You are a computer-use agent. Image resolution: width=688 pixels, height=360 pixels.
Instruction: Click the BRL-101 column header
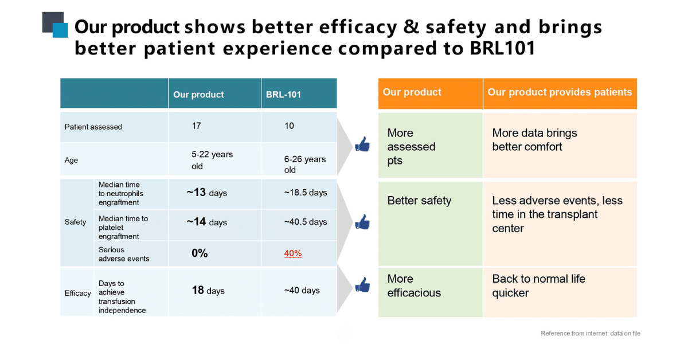click(284, 95)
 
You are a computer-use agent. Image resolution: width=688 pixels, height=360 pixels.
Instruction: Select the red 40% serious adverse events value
click(292, 253)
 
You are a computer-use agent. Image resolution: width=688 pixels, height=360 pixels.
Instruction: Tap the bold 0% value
click(200, 253)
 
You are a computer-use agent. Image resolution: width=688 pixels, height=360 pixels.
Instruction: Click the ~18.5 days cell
click(305, 193)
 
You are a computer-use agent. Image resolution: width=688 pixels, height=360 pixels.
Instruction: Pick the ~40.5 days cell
click(305, 222)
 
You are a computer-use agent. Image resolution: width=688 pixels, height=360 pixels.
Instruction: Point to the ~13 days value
click(206, 193)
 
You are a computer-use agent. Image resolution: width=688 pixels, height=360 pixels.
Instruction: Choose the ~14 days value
click(206, 222)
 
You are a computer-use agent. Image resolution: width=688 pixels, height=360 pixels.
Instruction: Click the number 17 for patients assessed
click(197, 126)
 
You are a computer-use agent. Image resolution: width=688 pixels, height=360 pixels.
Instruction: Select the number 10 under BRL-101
click(289, 126)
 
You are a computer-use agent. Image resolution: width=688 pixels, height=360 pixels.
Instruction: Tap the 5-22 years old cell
click(212, 161)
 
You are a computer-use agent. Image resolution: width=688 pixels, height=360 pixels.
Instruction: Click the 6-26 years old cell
click(304, 165)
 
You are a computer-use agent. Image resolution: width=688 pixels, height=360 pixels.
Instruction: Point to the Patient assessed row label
click(93, 127)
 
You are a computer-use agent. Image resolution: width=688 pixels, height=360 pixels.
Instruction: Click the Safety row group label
click(75, 222)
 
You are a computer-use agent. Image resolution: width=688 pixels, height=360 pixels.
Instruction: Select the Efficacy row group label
click(77, 293)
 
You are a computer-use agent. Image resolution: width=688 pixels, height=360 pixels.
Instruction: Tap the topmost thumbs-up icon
click(362, 144)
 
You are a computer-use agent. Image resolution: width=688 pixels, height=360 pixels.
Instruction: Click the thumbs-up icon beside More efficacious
click(362, 284)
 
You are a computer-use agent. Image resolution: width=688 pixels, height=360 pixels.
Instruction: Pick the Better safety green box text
click(419, 201)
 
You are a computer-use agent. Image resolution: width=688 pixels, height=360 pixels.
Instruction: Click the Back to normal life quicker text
click(538, 285)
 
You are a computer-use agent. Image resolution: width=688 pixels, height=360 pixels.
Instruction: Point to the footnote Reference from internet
click(590, 333)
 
